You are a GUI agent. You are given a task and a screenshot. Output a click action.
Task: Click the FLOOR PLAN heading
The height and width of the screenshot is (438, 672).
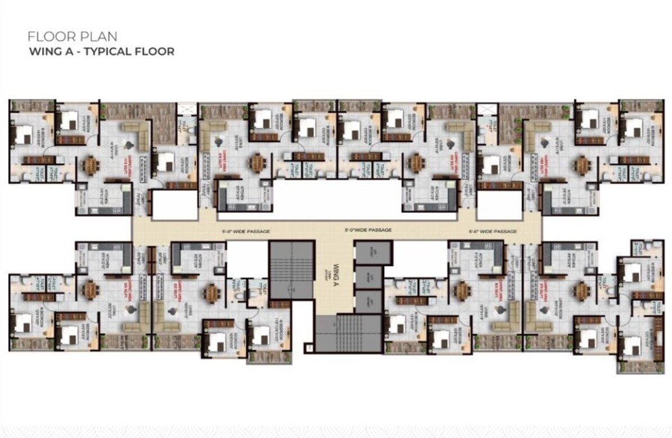pos(73,37)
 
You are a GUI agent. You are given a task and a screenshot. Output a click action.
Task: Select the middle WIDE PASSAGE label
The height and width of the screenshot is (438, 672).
pos(368,230)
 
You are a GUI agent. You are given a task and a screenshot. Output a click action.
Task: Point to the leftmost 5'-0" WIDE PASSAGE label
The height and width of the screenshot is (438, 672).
pos(246,232)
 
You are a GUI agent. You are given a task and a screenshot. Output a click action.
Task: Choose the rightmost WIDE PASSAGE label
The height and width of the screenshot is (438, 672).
pos(493,232)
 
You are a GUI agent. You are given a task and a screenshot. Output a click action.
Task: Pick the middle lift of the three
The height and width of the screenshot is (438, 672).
pos(368,277)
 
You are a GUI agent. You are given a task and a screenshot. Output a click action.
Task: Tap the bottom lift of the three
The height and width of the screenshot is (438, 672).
pos(368,301)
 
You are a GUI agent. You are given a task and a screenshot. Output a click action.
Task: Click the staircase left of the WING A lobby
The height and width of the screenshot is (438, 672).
pos(290,271)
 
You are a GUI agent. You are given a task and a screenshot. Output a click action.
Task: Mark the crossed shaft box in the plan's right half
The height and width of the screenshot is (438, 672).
pos(487,109)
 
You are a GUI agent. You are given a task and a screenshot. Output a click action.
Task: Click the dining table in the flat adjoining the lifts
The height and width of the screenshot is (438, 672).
pos(462,290)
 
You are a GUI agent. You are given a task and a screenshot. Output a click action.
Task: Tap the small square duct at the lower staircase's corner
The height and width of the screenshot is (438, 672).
pos(308,348)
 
